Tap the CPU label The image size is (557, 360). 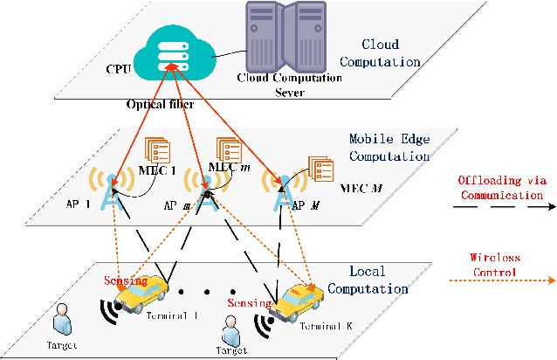pos(119,68)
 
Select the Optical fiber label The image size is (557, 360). pos(161,104)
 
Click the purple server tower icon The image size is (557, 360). pos(286,38)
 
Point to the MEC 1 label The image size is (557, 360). pos(157,170)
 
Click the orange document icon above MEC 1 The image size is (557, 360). pos(157,150)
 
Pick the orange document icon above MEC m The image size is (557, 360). pos(229,150)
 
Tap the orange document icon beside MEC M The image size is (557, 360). pos(320,169)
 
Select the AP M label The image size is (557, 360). pos(306,205)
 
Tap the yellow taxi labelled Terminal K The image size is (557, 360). pos(296,302)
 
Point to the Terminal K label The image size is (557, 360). pos(327,326)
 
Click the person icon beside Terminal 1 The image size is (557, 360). pos(62,319)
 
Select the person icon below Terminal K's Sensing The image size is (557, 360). pos(230,331)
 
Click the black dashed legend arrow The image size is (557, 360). pos(505,206)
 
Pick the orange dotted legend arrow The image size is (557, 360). pos(503,280)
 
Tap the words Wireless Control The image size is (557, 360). pos(495,265)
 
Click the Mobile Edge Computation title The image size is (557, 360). pos(389,148)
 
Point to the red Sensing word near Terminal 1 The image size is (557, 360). pos(126,280)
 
